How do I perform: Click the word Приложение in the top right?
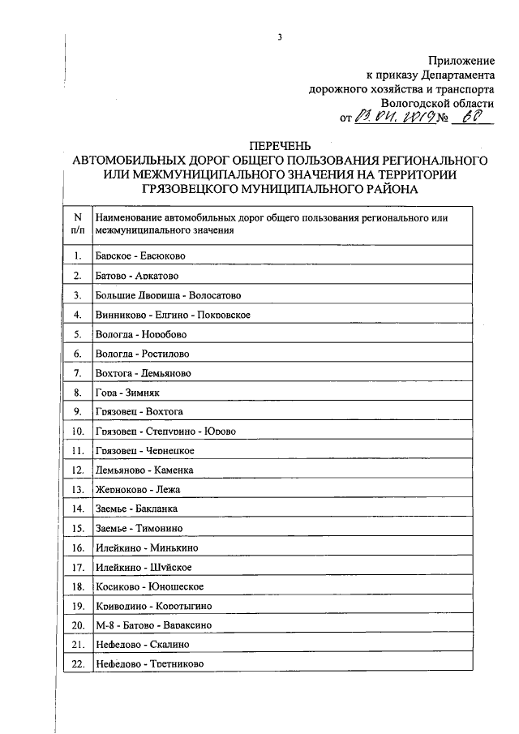[x=461, y=61]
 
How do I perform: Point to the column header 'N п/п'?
[x=78, y=224]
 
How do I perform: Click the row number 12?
[x=78, y=470]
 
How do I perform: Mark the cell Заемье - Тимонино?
[x=139, y=529]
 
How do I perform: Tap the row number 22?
[x=78, y=664]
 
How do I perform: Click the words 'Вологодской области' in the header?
[x=436, y=105]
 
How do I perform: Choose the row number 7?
[x=78, y=373]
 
